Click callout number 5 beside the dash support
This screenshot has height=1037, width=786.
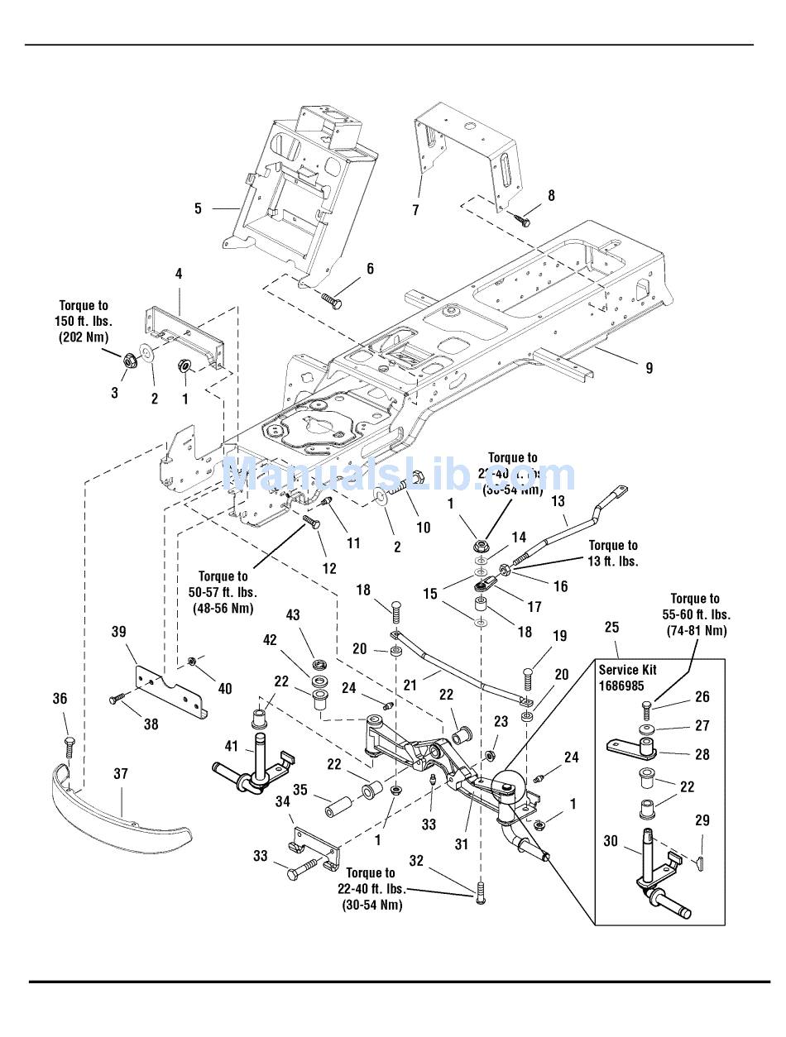(x=198, y=208)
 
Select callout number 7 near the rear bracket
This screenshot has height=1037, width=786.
(x=416, y=210)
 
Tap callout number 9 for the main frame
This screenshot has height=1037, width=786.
(x=649, y=368)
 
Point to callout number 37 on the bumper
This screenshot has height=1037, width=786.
(x=121, y=773)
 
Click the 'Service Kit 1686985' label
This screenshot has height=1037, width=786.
(x=627, y=678)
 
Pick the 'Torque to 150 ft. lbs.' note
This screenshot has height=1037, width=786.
(x=84, y=321)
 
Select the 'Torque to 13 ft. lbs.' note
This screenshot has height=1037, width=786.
(x=612, y=553)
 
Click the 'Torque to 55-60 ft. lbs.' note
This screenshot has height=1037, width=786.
(x=694, y=614)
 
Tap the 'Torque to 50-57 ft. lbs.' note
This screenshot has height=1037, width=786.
(x=223, y=592)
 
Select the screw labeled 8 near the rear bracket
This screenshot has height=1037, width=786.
(x=521, y=220)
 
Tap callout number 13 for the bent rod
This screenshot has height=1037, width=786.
(x=558, y=500)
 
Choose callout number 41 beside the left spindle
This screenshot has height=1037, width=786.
(x=232, y=747)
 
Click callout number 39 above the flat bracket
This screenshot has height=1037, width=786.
(x=118, y=632)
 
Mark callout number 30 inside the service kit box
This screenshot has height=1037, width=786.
(x=610, y=841)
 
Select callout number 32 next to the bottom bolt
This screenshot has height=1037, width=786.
(x=415, y=861)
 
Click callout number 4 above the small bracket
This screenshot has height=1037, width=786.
(x=178, y=274)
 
